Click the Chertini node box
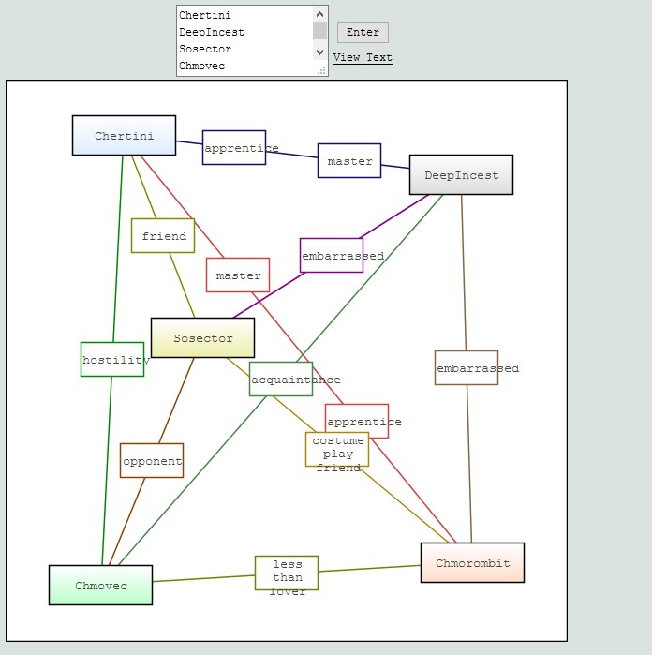(x=124, y=135)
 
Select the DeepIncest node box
(x=461, y=174)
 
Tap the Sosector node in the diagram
(x=202, y=337)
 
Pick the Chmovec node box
(x=100, y=585)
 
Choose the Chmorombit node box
(x=472, y=562)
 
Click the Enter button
(x=363, y=33)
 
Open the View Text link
(x=363, y=58)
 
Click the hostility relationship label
(x=112, y=359)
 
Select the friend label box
(x=163, y=235)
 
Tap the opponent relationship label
(x=152, y=460)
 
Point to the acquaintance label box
(x=281, y=379)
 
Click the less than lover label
(x=287, y=573)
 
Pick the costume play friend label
(x=337, y=450)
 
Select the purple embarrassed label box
(x=332, y=255)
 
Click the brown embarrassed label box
(x=467, y=367)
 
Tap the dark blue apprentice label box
(x=234, y=147)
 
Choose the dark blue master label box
(x=349, y=161)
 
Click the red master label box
(x=238, y=275)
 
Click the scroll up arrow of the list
(x=320, y=15)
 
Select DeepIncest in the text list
(x=212, y=32)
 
